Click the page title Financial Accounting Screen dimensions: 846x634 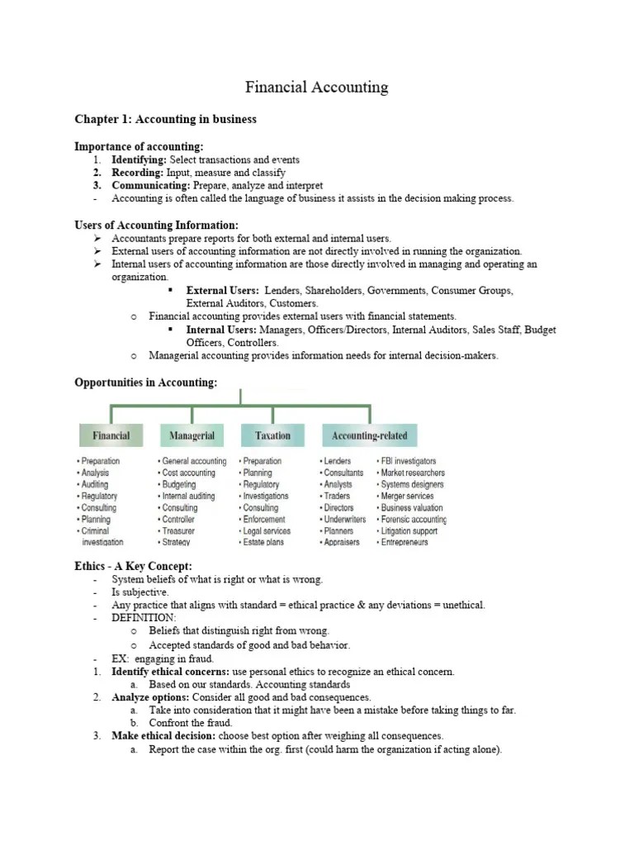point(317,87)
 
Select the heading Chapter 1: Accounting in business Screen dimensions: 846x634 point(165,120)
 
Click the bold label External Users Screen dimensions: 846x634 point(222,291)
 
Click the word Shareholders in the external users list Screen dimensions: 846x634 point(335,291)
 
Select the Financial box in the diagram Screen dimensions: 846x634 point(111,435)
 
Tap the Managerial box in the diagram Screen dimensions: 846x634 point(192,435)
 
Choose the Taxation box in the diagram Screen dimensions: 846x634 point(272,435)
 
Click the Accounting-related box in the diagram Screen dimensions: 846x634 point(369,435)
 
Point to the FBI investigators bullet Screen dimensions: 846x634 point(407,461)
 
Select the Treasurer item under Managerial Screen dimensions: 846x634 point(177,530)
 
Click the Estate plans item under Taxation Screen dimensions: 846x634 point(264,542)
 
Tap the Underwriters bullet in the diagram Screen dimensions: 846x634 point(343,519)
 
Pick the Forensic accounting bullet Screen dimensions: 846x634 point(413,519)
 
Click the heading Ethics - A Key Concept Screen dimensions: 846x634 point(133,566)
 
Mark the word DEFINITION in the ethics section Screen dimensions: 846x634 point(144,617)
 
